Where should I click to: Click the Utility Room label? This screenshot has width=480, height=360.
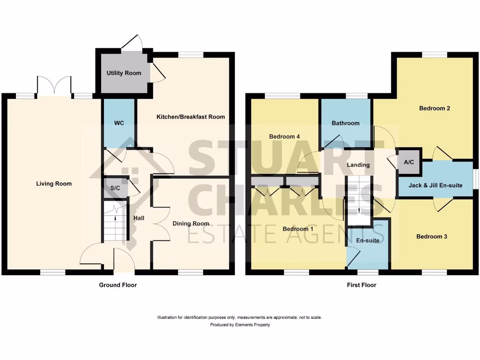[124, 73]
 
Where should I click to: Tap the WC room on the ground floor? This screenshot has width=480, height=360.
[119, 123]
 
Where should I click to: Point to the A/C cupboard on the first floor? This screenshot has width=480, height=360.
[409, 162]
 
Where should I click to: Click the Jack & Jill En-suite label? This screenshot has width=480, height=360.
[435, 185]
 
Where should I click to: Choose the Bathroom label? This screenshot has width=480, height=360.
[345, 123]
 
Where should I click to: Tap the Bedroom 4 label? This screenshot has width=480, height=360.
[284, 136]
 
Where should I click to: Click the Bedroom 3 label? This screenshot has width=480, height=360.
[431, 237]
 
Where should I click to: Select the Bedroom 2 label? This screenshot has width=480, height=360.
[435, 108]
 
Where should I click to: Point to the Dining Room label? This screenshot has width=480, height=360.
[191, 224]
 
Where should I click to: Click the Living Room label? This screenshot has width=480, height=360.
[54, 184]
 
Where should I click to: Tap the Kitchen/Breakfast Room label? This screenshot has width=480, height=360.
[190, 117]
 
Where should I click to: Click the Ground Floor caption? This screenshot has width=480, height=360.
[118, 285]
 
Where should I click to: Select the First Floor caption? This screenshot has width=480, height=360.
[361, 285]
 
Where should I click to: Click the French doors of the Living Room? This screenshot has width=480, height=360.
[54, 87]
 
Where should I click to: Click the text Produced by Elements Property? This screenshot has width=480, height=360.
[240, 325]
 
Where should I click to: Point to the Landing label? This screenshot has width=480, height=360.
[358, 165]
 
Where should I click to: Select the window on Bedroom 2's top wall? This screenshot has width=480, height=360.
[434, 55]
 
